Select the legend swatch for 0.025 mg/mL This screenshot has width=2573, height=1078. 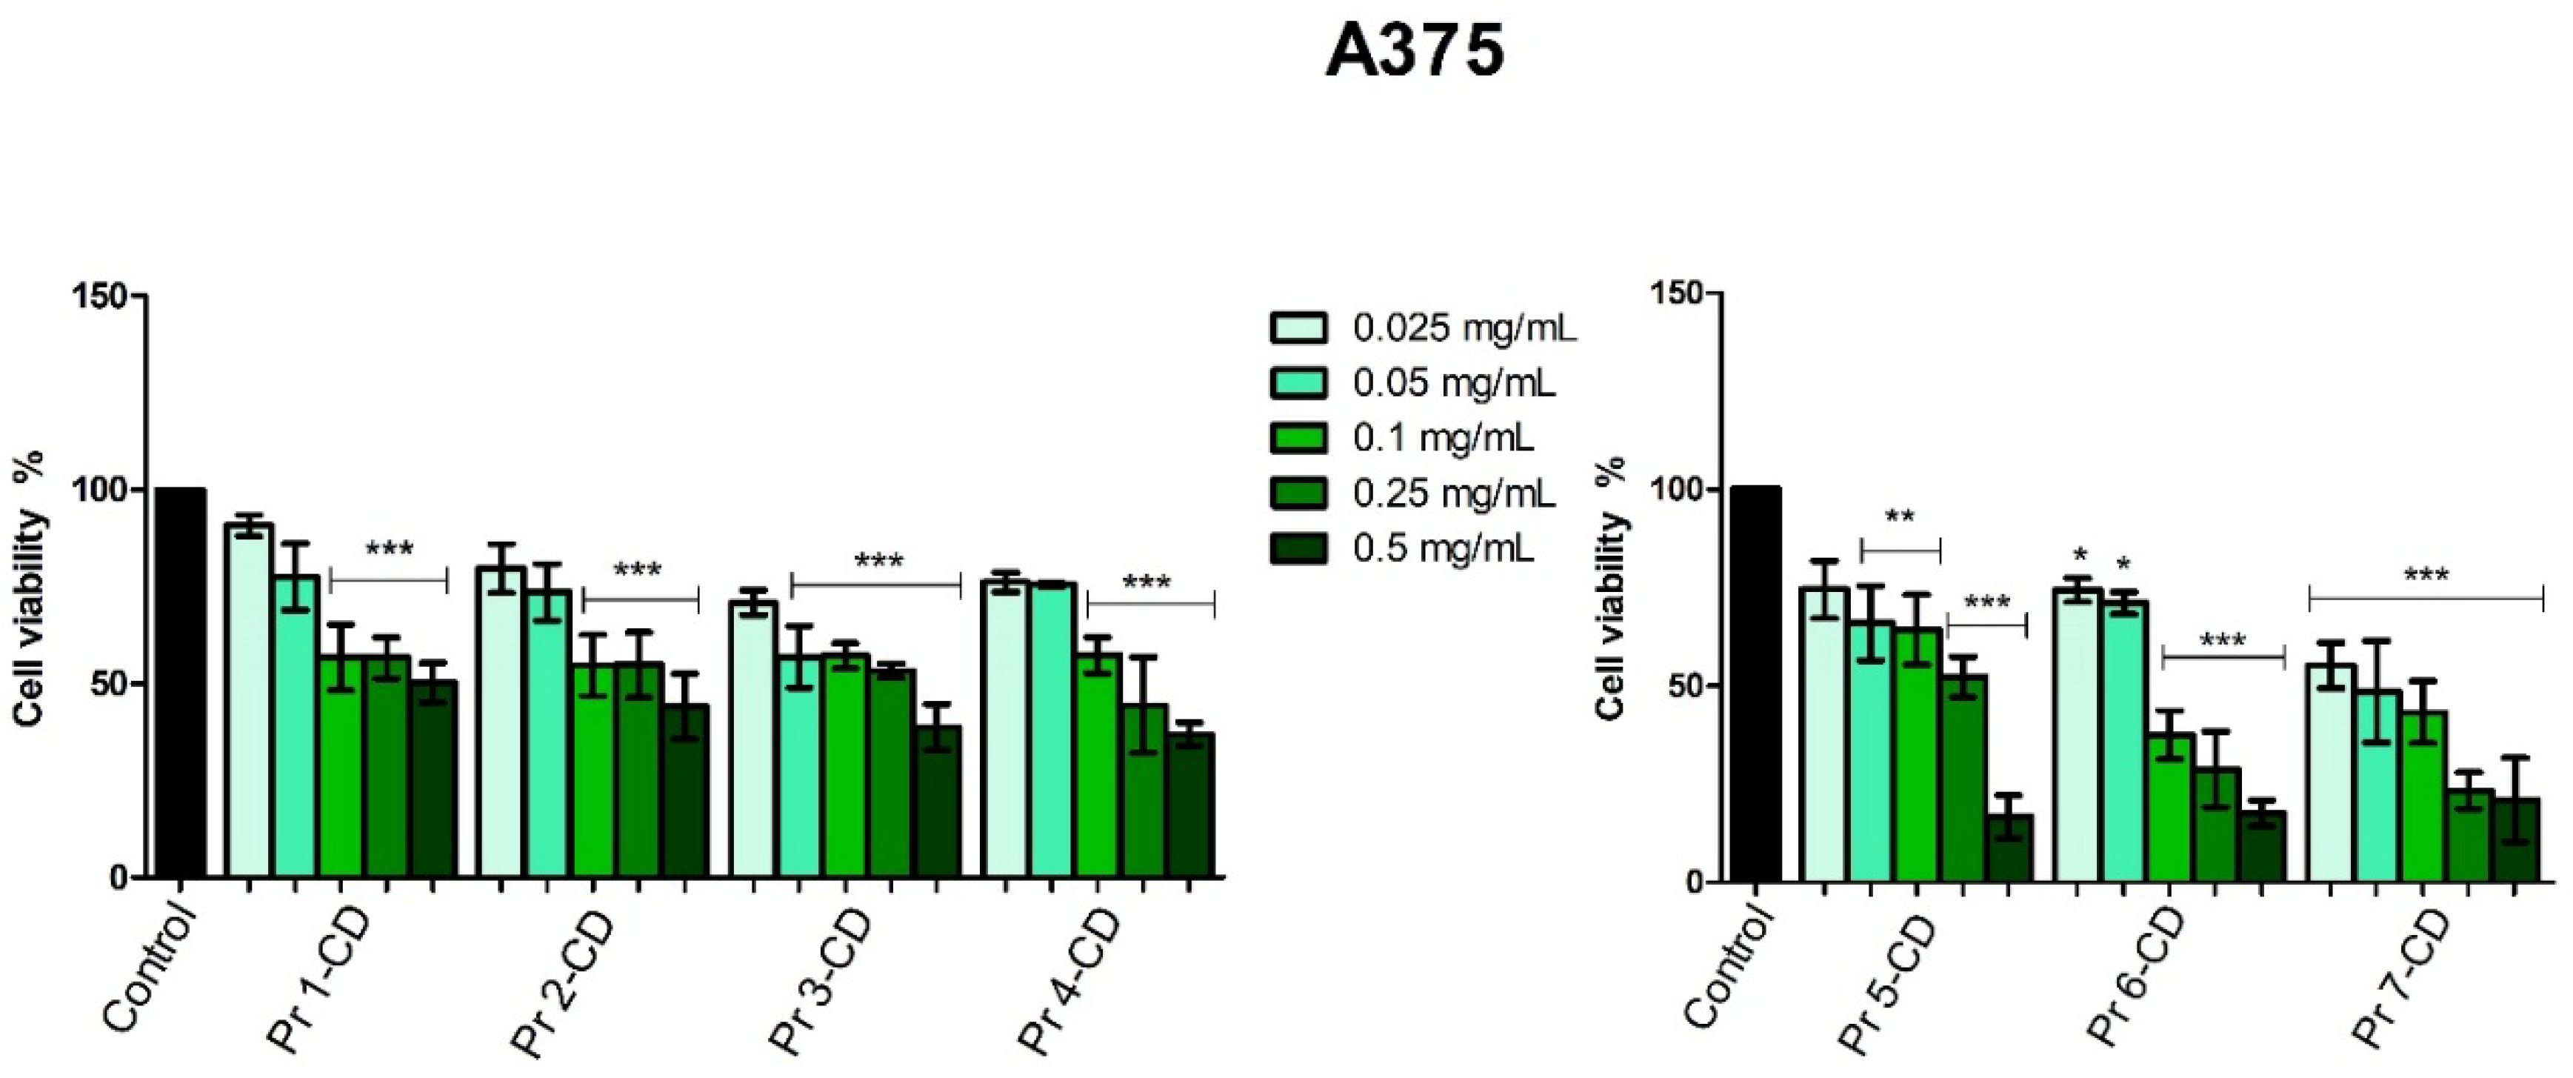(x=1298, y=327)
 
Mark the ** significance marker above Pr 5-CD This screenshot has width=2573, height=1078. (x=1900, y=518)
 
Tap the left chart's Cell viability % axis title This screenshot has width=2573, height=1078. (x=30, y=590)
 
